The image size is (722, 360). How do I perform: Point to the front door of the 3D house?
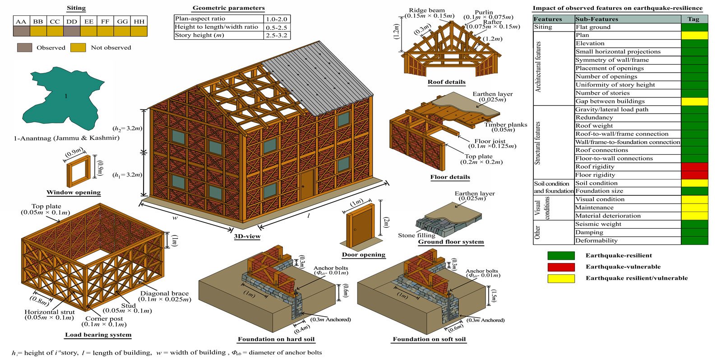coord(307,185)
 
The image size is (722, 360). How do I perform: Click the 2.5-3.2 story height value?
coord(277,35)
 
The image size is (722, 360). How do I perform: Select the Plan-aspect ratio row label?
coord(199,19)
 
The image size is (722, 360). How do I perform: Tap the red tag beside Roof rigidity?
coord(694,167)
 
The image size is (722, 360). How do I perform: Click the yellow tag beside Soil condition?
coord(694,183)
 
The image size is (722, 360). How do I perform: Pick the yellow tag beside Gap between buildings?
coord(694,102)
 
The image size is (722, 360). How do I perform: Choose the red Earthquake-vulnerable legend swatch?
coord(561,267)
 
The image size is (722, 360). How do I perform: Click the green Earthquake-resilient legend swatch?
coord(561,256)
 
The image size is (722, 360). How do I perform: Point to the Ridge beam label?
coord(426,10)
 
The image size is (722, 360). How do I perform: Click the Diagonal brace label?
coord(164,293)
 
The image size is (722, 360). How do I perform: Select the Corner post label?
coord(104,318)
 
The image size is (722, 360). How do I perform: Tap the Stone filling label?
coord(416,235)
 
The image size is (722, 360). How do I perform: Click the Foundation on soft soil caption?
coord(429,339)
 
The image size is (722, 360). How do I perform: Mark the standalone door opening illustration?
coord(360,226)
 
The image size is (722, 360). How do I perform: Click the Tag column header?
coord(694,19)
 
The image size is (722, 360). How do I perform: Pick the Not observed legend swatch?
coord(78,47)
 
